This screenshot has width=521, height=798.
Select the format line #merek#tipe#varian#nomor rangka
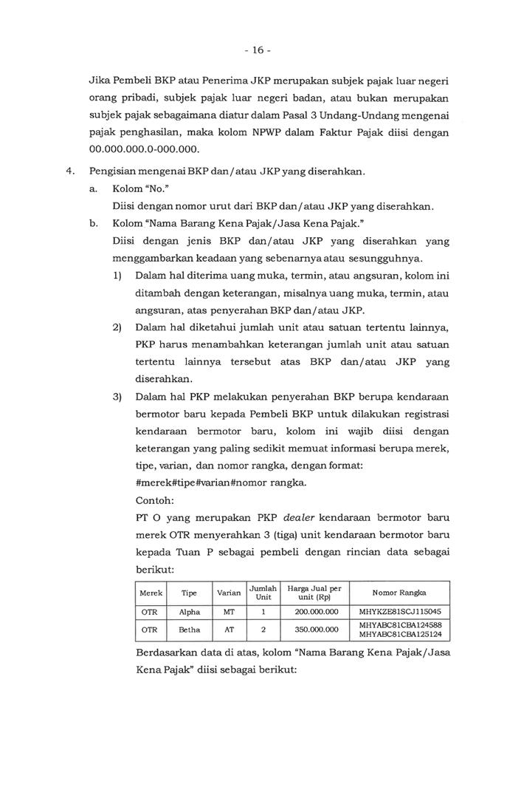220,482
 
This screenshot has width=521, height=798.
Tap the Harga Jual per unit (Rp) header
314,593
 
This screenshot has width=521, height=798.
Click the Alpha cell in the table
189,612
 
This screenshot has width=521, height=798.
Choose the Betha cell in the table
189,630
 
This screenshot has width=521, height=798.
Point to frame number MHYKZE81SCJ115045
399,612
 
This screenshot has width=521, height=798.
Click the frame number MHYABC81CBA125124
399,635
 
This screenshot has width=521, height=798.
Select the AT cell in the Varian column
229,630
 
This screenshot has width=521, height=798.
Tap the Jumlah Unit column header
263,593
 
